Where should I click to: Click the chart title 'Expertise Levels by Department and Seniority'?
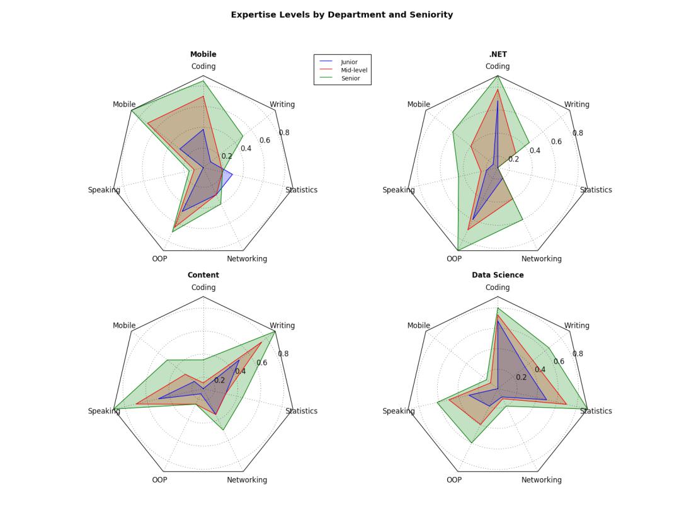pos(341,14)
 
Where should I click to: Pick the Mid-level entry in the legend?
pos(353,71)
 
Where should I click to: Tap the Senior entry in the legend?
pos(350,79)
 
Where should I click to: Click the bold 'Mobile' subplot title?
pos(203,54)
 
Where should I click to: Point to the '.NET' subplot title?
pos(498,54)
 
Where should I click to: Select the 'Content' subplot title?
pos(203,275)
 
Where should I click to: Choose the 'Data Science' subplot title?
pos(498,275)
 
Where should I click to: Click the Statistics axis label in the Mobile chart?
pos(301,190)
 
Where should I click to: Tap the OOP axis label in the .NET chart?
pos(454,258)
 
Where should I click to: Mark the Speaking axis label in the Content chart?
pos(104,411)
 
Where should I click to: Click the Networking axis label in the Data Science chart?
pos(541,480)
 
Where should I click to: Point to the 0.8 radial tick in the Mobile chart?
pos(284,132)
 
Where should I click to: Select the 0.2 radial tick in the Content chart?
pos(219,380)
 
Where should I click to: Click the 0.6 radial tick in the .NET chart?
pos(556,141)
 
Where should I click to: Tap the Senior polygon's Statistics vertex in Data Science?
pos(587,408)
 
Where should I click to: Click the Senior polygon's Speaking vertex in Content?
pos(114,408)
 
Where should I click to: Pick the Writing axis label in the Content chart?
pos(282,325)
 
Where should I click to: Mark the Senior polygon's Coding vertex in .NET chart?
pos(498,76)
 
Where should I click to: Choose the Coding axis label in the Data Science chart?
pos(498,287)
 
